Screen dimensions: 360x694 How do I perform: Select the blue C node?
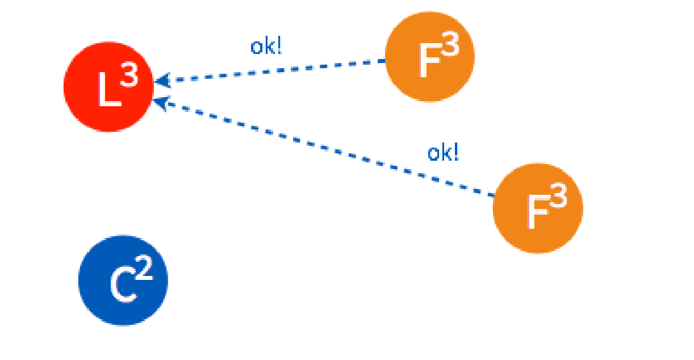click(x=123, y=281)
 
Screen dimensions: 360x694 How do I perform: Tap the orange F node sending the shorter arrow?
click(x=429, y=57)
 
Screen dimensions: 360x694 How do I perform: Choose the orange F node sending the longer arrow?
click(x=537, y=208)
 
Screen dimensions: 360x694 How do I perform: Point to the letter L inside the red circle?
click(x=108, y=91)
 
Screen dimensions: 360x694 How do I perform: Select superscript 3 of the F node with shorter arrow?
click(x=449, y=48)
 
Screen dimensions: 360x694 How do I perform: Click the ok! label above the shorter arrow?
click(x=266, y=47)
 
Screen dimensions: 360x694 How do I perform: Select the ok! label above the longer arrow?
click(x=443, y=153)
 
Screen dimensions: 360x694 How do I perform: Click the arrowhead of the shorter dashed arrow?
click(x=161, y=81)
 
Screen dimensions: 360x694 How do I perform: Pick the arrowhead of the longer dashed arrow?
click(x=161, y=103)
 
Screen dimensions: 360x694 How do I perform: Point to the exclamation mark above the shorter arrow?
click(x=279, y=46)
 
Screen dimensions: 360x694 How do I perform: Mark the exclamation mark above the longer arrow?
click(x=456, y=152)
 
